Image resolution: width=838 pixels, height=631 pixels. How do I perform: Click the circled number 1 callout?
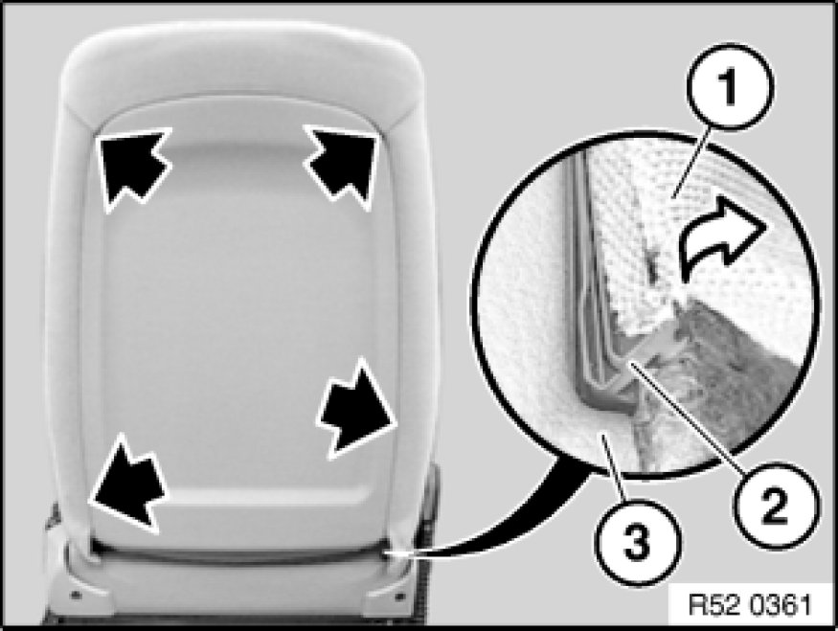pyautogui.click(x=730, y=86)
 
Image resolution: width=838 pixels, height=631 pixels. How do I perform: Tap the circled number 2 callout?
pyautogui.click(x=776, y=506)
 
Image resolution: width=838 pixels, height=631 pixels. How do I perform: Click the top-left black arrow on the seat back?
pyautogui.click(x=134, y=167)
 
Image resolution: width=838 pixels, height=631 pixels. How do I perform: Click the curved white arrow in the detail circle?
pyautogui.click(x=721, y=236)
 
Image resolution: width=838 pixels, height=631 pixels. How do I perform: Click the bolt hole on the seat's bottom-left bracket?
pyautogui.click(x=76, y=594)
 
